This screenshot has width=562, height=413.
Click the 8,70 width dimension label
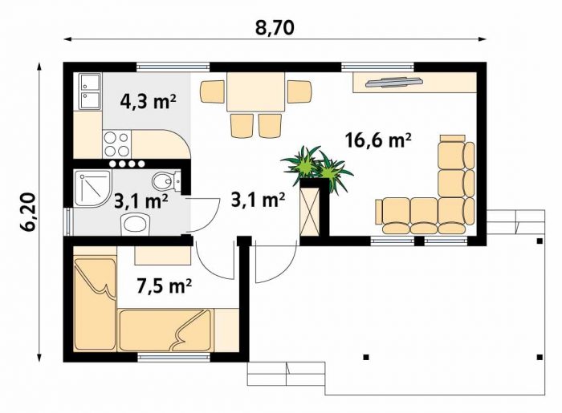tap(275, 28)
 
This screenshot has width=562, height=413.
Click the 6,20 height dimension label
tap(27, 212)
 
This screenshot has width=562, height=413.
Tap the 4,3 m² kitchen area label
tap(148, 103)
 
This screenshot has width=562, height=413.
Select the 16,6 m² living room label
tap(378, 140)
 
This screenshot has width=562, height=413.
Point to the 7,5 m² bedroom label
tap(165, 285)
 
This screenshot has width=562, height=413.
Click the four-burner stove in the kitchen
tap(117, 144)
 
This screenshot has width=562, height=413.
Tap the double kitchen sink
tap(90, 91)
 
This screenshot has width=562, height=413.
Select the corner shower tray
tap(92, 188)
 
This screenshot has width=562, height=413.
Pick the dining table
tap(255, 91)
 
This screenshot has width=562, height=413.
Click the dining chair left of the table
tap(212, 92)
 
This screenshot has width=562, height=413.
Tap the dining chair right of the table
tap(299, 92)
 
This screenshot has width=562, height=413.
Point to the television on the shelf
tap(393, 82)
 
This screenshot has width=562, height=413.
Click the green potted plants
tap(317, 167)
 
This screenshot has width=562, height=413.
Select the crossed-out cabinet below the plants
tap(309, 211)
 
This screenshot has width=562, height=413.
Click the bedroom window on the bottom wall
tap(174, 357)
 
